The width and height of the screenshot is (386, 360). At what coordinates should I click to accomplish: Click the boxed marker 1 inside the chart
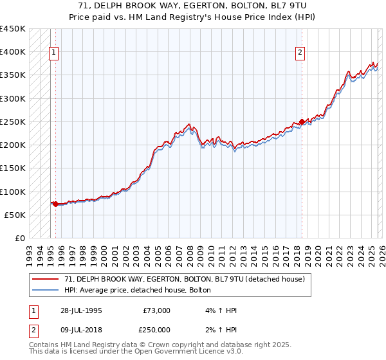pyautogui.click(x=53, y=53)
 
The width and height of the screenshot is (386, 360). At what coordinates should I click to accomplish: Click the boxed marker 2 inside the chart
pyautogui.click(x=300, y=53)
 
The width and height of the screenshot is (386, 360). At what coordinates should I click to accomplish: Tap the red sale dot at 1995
pyautogui.click(x=55, y=204)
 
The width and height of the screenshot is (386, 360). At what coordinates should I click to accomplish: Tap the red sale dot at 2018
pyautogui.click(x=302, y=122)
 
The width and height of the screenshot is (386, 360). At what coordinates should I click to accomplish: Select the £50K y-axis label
pyautogui.click(x=15, y=215)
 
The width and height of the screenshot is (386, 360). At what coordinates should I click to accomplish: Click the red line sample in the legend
pyautogui.click(x=46, y=279)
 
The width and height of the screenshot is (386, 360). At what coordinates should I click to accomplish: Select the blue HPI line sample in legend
pyautogui.click(x=46, y=290)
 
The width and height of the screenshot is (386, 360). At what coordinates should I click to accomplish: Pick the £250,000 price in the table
pyautogui.click(x=156, y=330)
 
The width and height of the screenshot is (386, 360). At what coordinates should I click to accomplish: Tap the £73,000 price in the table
pyautogui.click(x=156, y=310)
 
